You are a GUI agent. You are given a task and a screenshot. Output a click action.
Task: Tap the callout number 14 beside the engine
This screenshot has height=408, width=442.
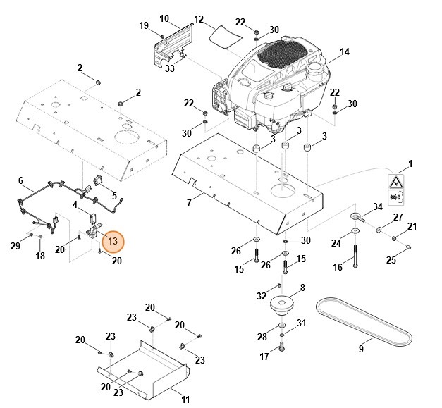pos(345,51)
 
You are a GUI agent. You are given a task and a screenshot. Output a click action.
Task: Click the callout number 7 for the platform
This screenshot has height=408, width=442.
pos(189,202)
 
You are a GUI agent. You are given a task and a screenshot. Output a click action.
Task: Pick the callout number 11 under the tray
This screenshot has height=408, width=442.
pos(185,400)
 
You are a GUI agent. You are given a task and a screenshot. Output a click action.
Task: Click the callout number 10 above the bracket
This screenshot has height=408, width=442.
pos(164,18)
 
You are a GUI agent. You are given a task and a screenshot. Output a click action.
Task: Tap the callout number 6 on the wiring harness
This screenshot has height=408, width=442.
pos(20,180)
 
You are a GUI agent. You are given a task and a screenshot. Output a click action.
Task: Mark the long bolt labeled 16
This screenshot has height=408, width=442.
pos(355,247)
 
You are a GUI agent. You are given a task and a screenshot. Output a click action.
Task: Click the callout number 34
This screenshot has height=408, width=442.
pos(378,206)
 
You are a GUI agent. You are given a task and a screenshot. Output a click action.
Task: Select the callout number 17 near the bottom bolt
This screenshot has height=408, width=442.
pos(264,357)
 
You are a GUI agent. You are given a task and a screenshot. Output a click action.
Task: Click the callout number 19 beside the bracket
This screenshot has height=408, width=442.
pos(144,26)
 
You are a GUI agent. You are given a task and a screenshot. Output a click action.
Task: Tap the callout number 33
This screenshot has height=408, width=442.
pos(170,68)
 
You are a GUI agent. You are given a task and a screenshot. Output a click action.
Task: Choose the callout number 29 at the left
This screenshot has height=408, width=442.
pos(16,245)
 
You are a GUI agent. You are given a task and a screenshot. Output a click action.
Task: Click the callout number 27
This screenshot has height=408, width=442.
pos(398,217)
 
